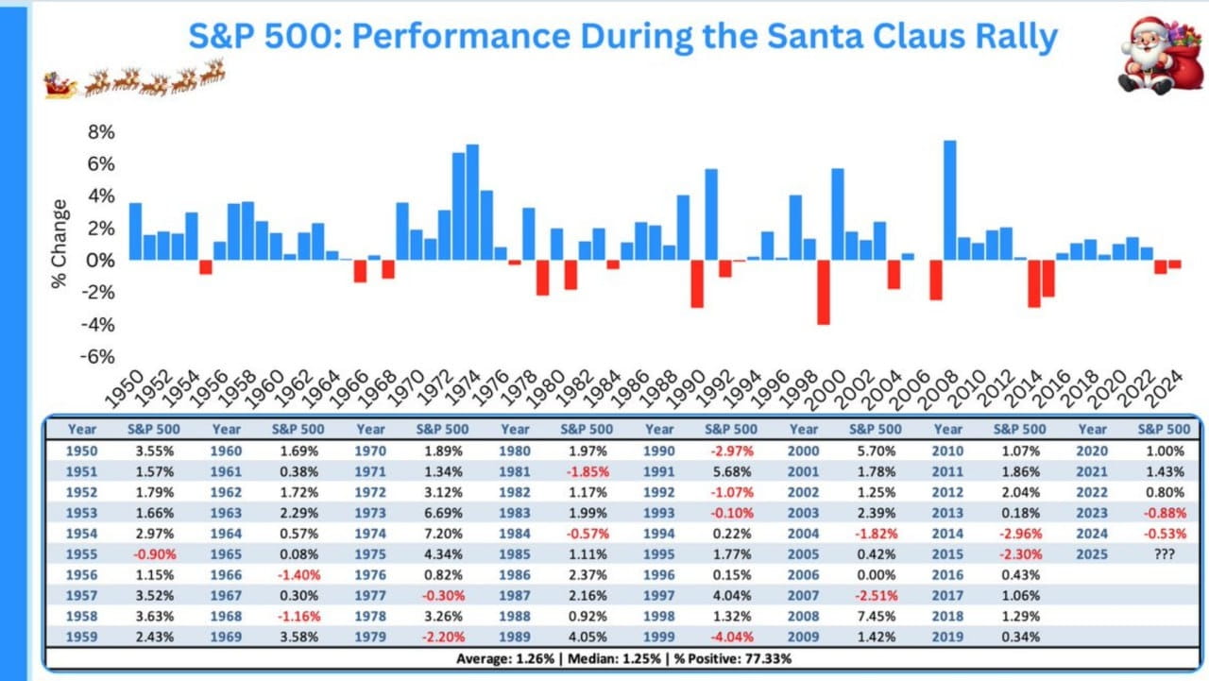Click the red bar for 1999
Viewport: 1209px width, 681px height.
pyautogui.click(x=824, y=292)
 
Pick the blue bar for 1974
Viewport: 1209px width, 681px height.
pyautogui.click(x=472, y=202)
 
